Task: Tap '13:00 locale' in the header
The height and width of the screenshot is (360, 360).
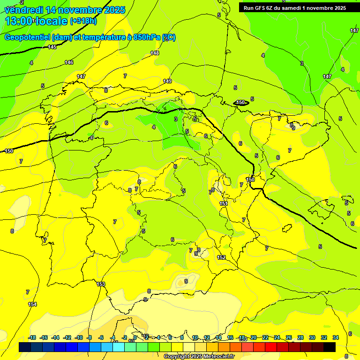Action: pos(36,21)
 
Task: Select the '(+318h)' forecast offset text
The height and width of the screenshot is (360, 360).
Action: pos(83,21)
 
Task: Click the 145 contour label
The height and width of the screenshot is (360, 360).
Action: pos(52,47)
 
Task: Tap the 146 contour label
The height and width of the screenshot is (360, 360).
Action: pos(69,62)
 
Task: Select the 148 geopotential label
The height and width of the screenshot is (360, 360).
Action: pos(155,53)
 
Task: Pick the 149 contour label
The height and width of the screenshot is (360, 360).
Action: pos(167,81)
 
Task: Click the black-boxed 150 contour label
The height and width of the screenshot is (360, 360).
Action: pos(240,102)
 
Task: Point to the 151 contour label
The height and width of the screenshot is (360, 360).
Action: pos(224,203)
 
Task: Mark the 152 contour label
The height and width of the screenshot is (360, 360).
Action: pos(221,257)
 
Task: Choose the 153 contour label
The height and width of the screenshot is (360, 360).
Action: pos(101,284)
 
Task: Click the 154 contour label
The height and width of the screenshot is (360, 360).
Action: pos(32,305)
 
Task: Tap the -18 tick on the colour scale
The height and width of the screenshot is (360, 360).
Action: pos(32,337)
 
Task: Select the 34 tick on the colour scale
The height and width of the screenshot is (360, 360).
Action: pos(336,337)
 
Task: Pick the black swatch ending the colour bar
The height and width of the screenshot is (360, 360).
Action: pos(330,347)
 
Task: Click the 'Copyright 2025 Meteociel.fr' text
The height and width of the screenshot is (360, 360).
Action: pos(199,356)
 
